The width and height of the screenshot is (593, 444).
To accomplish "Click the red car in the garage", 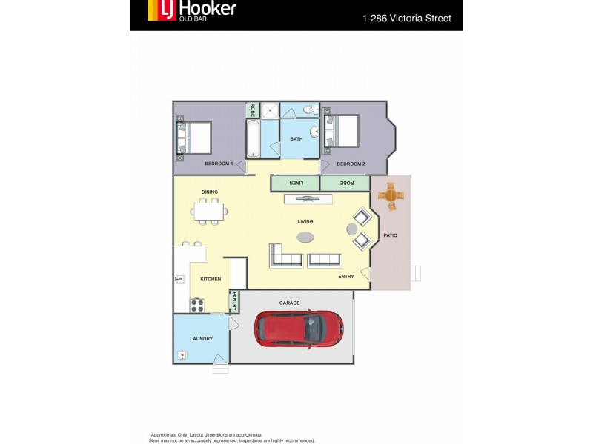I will pyautogui.click(x=299, y=328).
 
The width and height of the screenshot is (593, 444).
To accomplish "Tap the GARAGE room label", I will pyautogui.click(x=289, y=303).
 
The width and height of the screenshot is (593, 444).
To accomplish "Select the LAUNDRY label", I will pyautogui.click(x=201, y=339).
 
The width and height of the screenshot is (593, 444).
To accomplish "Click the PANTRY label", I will pyautogui.click(x=234, y=301).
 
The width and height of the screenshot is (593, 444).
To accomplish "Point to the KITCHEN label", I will pyautogui.click(x=211, y=279).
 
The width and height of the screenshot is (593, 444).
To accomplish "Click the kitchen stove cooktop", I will pyautogui.click(x=197, y=304).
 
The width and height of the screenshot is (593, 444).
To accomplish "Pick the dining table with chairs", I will pyautogui.click(x=208, y=211).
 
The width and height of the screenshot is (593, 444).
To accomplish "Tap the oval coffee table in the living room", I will pyautogui.click(x=305, y=237).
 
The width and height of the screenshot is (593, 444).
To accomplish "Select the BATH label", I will pyautogui.click(x=296, y=139).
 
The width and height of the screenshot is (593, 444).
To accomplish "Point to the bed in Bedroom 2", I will pyautogui.click(x=342, y=131).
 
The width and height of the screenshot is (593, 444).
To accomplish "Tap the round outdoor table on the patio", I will pyautogui.click(x=391, y=196).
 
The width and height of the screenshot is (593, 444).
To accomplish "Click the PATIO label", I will pyautogui.click(x=391, y=235).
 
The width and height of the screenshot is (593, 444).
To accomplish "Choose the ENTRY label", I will pyautogui.click(x=346, y=277).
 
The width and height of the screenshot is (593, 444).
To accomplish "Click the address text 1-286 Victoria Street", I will pyautogui.click(x=406, y=18).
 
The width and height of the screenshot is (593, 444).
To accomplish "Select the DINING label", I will pyautogui.click(x=210, y=192).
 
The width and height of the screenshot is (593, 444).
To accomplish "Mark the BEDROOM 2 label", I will pyautogui.click(x=351, y=164).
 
